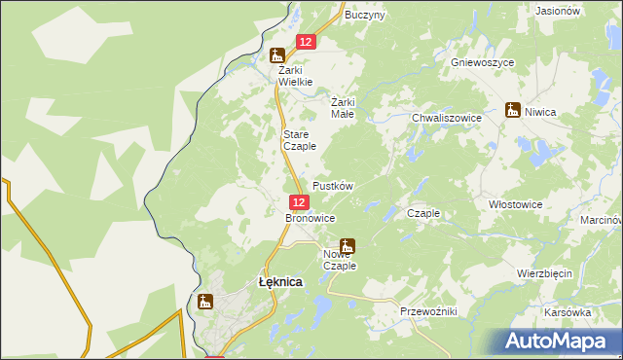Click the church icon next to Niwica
coord(513,110)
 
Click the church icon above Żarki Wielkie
coord(278,54)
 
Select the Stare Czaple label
coord(300,140)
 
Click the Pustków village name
coord(332,185)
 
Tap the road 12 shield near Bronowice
coord(299,201)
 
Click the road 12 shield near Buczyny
coord(306,42)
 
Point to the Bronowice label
coord(310,218)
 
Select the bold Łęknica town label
coord(279,281)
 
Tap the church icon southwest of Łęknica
coord(204,302)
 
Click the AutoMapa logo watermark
coord(558,341)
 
